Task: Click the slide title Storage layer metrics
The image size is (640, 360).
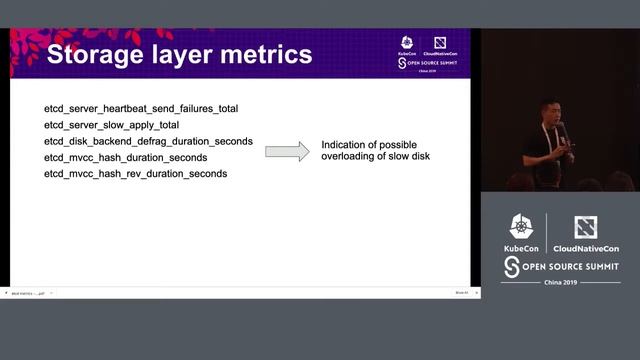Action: click(x=179, y=54)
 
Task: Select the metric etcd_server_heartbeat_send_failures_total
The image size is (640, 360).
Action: click(x=141, y=107)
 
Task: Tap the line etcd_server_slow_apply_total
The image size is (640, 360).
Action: click(x=112, y=124)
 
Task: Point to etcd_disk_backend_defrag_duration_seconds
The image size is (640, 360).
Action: click(x=148, y=141)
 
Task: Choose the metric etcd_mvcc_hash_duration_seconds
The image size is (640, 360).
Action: click(x=125, y=157)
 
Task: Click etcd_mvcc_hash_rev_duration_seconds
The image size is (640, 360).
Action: click(x=135, y=174)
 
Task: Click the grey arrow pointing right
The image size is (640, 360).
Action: click(x=287, y=151)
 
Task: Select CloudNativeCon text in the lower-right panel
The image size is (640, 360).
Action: click(x=585, y=247)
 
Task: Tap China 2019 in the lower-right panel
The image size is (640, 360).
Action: click(x=560, y=283)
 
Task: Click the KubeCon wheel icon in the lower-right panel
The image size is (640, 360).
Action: click(x=521, y=227)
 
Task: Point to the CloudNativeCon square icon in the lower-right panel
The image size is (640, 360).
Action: click(x=585, y=227)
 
